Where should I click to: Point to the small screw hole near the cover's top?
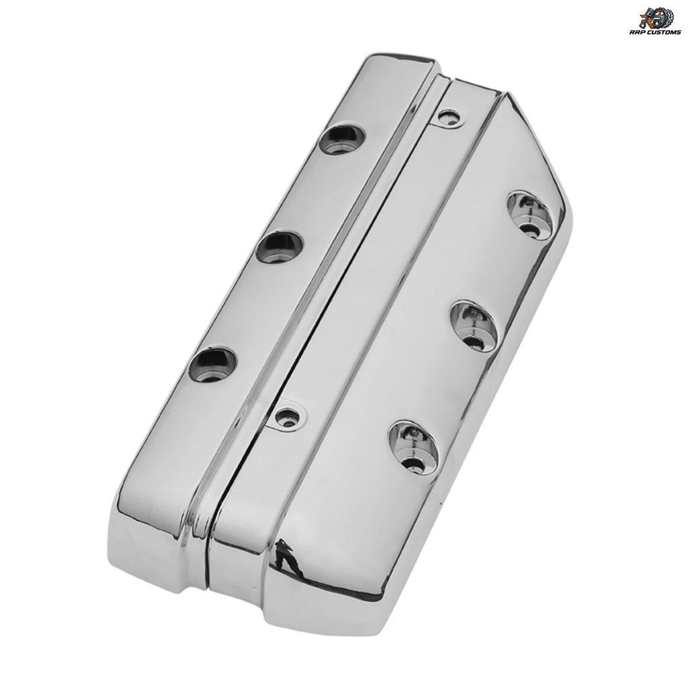pyautogui.click(x=449, y=116)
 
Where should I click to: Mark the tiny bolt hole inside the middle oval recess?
pyautogui.click(x=477, y=342)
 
